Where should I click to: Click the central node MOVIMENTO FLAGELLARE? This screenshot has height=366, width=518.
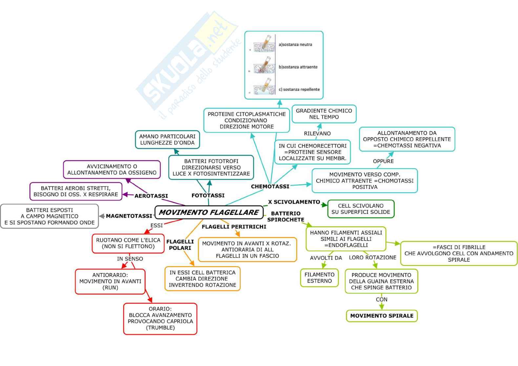pos(209,212)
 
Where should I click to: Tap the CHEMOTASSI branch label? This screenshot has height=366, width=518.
pos(270,186)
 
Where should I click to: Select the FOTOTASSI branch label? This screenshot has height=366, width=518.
pos(208,195)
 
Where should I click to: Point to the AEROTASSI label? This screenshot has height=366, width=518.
pos(151,196)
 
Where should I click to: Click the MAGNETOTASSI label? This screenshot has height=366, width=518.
pos(129,216)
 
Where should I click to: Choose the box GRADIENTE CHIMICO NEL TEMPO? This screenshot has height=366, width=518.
pos(324,114)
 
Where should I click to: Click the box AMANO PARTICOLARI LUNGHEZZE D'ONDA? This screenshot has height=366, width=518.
pos(167,139)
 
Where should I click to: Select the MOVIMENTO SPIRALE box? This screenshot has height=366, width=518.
pos(382,316)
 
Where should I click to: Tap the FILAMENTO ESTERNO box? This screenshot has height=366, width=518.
pos(319,278)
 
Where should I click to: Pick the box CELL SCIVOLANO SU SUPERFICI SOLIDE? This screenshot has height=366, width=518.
pos(361,209)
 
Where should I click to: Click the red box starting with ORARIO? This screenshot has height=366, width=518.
pos(160,318)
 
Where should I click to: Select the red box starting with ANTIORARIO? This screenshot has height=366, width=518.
pos(110,281)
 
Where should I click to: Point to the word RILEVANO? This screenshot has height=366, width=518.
pos(317,133)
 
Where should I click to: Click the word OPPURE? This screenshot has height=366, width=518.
pos(383,161)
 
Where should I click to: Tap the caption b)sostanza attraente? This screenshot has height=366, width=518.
pos(298,67)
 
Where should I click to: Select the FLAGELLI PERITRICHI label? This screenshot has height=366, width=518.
pos(234,227)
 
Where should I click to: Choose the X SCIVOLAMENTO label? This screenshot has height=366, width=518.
pos(294,202)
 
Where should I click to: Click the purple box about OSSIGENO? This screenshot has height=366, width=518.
pos(112,170)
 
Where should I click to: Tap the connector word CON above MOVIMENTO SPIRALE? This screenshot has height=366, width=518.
pos(382,299)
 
